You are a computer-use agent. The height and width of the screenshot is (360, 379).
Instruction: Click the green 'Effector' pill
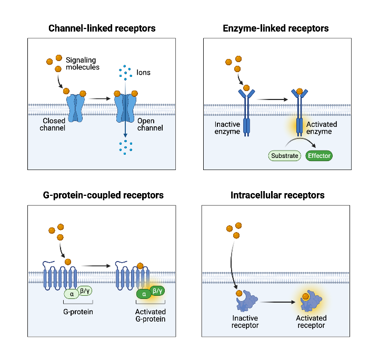point(319,155)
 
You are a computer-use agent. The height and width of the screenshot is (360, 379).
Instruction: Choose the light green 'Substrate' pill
point(285,155)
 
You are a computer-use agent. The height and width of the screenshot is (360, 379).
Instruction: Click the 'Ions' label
point(143,72)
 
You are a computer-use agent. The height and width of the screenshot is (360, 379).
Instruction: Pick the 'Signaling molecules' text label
point(83,63)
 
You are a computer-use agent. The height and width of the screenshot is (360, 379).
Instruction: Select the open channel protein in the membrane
point(125,108)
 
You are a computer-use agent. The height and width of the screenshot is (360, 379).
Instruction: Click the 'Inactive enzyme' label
point(227,127)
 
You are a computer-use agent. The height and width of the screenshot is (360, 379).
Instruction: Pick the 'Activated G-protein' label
point(150,315)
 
